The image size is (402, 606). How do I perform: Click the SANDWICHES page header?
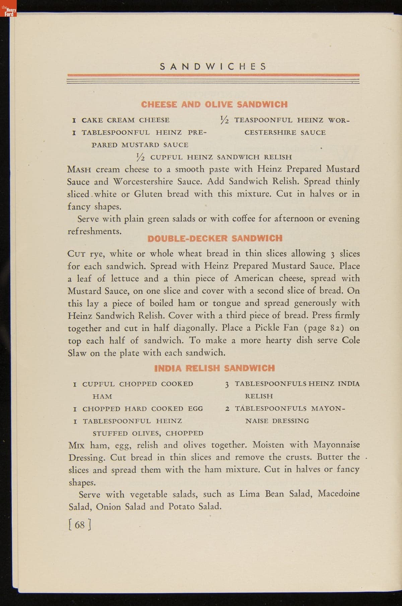(213, 66)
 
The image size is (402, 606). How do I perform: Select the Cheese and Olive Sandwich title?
(214, 104)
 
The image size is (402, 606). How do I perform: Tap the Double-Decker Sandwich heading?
(215, 238)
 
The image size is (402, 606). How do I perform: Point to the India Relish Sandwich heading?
(214, 368)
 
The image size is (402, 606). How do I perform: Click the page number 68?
(80, 524)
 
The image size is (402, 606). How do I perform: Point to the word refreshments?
(94, 231)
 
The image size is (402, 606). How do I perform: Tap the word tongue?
(227, 303)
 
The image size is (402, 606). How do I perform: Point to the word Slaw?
(77, 353)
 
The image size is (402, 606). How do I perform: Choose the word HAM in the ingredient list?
(102, 397)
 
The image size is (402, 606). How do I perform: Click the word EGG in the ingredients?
(195, 409)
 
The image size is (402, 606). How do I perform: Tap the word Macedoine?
(339, 494)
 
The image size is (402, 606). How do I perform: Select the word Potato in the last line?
(182, 507)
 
